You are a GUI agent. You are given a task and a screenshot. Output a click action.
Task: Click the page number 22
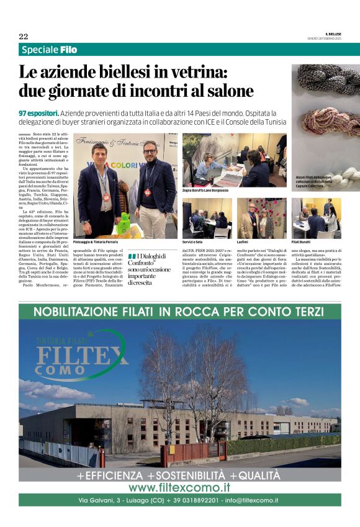24,37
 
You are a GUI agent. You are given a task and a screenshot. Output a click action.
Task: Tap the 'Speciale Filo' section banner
49,50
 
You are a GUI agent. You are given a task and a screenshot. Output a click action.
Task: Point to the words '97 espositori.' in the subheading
38,114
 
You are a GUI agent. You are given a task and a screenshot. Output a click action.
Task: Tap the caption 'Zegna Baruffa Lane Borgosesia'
205,191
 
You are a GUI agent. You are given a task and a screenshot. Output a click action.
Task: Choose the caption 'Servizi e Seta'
193,241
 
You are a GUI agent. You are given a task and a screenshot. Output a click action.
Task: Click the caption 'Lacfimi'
243,241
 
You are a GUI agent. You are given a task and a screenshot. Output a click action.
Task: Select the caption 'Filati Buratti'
302,241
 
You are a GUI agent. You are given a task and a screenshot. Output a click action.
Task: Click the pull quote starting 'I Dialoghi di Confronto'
149,269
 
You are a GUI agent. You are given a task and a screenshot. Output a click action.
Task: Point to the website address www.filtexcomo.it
179,487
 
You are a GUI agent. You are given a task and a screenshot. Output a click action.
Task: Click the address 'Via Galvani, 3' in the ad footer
102,500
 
